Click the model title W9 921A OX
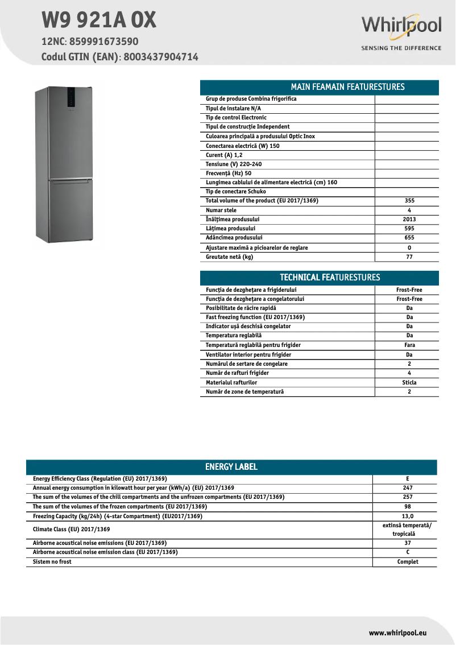(x=98, y=21)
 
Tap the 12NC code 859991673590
(x=103, y=42)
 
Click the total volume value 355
(x=409, y=201)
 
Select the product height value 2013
(x=409, y=220)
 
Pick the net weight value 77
(x=409, y=257)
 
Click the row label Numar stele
(x=221, y=210)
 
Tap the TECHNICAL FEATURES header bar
(x=319, y=278)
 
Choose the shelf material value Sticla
(x=409, y=383)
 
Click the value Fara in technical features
(x=409, y=345)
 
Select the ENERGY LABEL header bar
(x=231, y=467)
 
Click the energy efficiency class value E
(x=408, y=479)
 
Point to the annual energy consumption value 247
(x=408, y=488)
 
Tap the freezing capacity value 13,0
(x=408, y=516)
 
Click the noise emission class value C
(x=408, y=552)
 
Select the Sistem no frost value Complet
(x=408, y=562)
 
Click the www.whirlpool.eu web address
(x=397, y=632)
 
